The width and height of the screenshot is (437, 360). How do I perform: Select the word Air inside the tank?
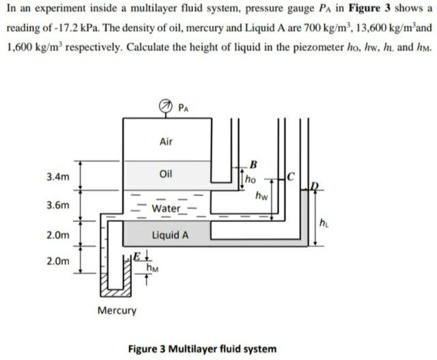click(x=165, y=142)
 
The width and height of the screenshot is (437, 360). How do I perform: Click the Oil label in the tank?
click(x=165, y=174)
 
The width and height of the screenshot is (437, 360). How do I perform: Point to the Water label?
click(x=166, y=208)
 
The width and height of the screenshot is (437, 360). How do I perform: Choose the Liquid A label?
click(x=170, y=235)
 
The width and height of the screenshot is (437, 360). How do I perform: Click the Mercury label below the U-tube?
click(x=117, y=311)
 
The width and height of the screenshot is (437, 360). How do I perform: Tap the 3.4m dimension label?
click(x=58, y=177)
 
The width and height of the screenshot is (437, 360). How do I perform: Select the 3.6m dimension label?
click(x=58, y=206)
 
